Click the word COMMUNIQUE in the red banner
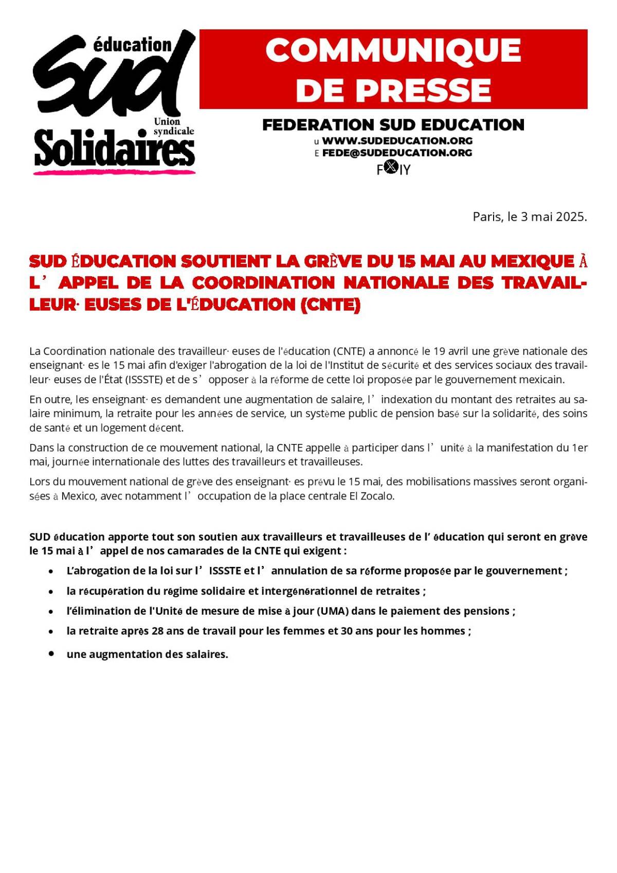[393, 50]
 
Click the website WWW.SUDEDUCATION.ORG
[397, 140]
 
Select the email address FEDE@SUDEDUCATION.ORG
[397, 153]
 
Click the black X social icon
[392, 167]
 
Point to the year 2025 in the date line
[571, 217]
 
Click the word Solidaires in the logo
[114, 149]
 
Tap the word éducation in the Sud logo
[132, 45]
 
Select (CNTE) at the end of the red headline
[330, 305]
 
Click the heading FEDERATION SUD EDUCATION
[393, 125]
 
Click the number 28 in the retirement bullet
[158, 631]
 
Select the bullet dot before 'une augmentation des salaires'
[51, 653]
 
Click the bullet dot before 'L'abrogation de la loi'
[51, 571]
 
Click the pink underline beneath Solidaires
[114, 172]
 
